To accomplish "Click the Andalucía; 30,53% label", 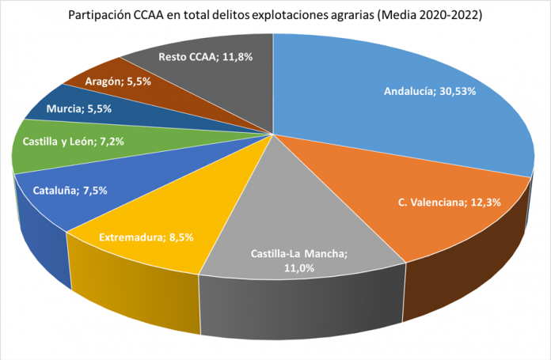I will (429, 91).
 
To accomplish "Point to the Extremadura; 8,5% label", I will (146, 236).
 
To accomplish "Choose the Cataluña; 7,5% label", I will (70, 190).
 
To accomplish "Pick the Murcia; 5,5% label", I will (78, 108).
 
